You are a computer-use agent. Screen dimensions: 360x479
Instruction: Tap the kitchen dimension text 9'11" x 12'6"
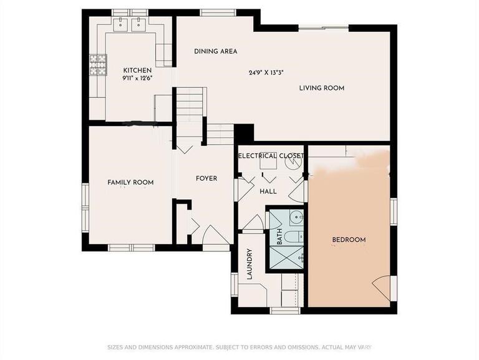pos(138,78)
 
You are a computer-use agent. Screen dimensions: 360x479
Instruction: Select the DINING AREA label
pos(215,51)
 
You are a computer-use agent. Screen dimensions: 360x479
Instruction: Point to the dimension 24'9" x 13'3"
pos(266,72)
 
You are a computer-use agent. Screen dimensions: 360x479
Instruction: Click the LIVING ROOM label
pos(321,88)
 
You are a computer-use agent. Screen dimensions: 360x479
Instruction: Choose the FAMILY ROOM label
pos(130,182)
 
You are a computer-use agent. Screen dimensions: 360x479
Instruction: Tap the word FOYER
pos(206,178)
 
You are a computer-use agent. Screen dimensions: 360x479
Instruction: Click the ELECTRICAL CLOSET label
pos(271,155)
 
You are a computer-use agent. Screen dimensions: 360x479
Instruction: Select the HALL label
pos(268,192)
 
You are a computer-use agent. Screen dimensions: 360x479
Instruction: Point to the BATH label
pos(279,236)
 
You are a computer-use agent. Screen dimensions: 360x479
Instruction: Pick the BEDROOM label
pos(349,240)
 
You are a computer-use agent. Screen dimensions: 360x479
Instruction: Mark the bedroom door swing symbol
pos(382,288)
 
